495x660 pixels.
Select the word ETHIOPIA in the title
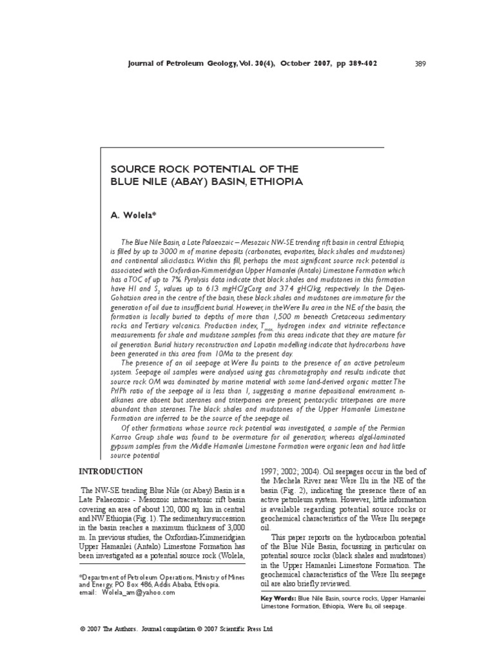pos(275,182)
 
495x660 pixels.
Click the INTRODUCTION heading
pos(112,471)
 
